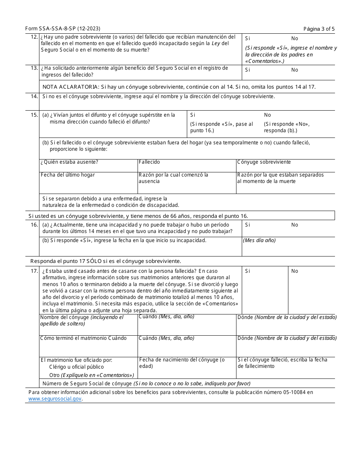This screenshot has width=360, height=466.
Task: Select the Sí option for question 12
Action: (247, 38)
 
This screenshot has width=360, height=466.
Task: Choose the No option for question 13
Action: (294, 70)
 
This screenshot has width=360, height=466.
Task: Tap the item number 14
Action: (34, 96)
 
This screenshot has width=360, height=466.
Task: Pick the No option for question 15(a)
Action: (268, 115)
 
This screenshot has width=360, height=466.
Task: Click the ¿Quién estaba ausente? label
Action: (69, 162)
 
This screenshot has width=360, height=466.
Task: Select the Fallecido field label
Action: (149, 162)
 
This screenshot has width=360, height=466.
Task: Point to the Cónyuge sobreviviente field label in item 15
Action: (264, 162)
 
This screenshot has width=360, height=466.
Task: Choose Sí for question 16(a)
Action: (247, 225)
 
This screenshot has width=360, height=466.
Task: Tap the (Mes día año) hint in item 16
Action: (259, 240)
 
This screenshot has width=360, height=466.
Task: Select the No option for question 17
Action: (294, 271)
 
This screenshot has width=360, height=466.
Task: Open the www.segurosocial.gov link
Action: (55, 399)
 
